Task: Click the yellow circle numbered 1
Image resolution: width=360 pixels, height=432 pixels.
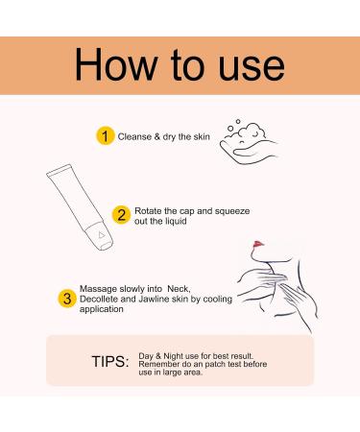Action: pos(105,136)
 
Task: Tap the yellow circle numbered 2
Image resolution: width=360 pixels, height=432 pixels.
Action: pos(121,215)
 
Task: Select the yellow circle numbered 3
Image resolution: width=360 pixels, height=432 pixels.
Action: pos(67,299)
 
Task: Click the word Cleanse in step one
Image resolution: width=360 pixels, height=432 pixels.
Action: pos(134,136)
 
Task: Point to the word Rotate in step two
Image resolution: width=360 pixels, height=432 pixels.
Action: pos(148,211)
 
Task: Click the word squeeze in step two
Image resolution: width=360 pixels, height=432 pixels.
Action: pos(232,211)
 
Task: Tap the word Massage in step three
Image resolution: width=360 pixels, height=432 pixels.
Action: pos(98,289)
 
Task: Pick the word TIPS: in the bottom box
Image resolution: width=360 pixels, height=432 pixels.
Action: pos(110,362)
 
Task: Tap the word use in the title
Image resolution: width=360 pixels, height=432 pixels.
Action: pos(252,68)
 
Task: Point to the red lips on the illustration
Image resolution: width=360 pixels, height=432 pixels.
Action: pos(258,245)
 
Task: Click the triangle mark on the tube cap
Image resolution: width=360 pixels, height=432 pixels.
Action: pos(102,235)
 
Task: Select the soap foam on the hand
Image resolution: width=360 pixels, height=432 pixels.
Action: pos(247,132)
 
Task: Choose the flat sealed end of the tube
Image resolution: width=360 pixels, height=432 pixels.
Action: pos(60,170)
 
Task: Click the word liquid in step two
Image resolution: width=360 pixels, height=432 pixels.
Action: pos(176,221)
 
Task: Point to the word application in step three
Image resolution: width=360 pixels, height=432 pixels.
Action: pos(102,309)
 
